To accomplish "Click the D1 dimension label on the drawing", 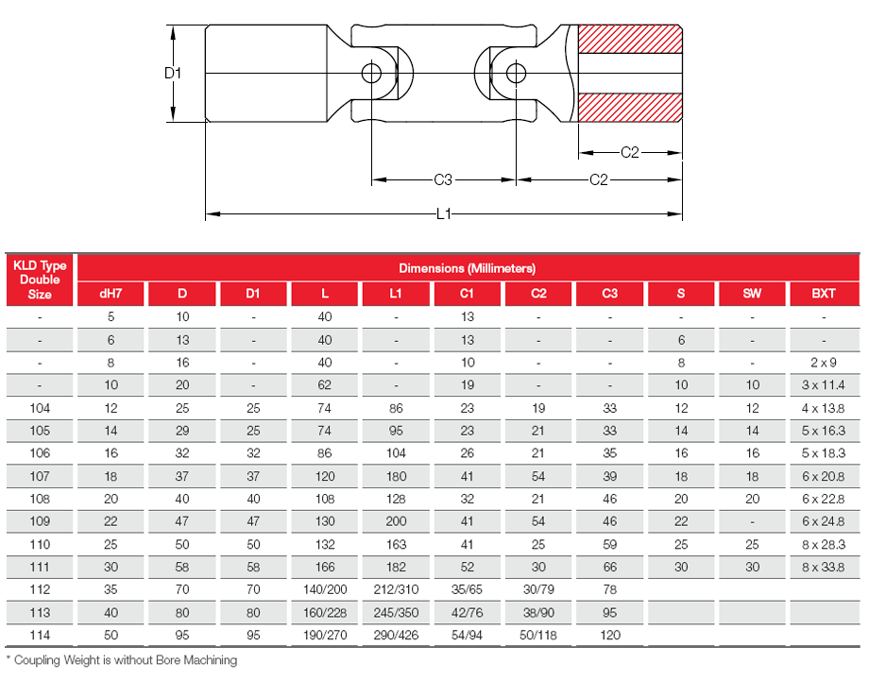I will click(172, 73).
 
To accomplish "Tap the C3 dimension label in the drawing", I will click(443, 179).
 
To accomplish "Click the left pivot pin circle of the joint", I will click(371, 73).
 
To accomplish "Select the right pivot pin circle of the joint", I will click(516, 73).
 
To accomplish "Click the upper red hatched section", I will click(629, 39).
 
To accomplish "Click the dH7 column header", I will click(111, 294).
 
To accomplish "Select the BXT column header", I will click(824, 294).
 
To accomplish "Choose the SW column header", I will click(752, 294).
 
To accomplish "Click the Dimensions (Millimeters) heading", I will click(467, 268).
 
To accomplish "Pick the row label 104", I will click(40, 408).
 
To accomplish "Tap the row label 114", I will click(40, 635).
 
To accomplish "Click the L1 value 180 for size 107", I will click(396, 476).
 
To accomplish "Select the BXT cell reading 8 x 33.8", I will click(824, 567).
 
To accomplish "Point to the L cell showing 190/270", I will click(324, 635).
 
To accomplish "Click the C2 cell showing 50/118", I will click(538, 635).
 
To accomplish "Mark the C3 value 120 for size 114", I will click(609, 635).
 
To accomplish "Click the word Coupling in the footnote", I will click(42, 660).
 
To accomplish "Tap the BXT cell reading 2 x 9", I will click(824, 363).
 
